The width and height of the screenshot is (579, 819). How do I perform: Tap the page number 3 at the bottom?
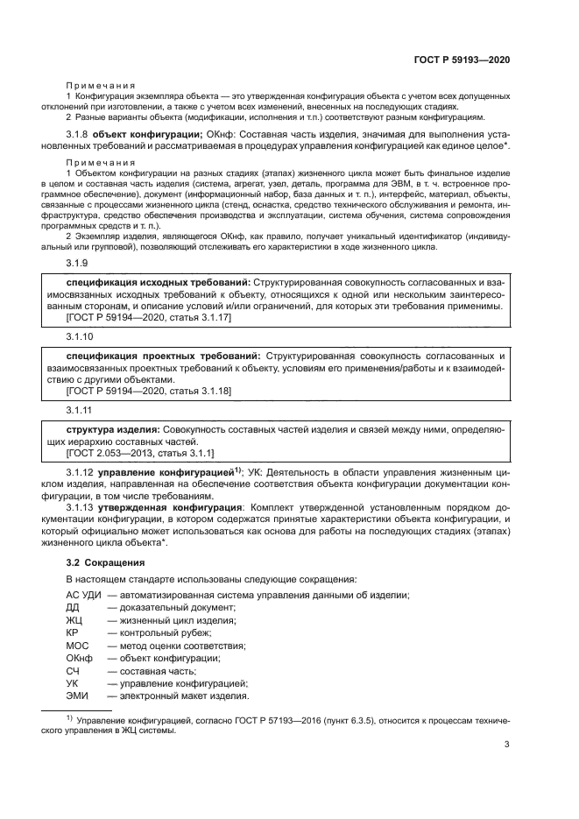[507, 745]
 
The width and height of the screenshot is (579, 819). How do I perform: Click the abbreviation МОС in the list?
[78, 646]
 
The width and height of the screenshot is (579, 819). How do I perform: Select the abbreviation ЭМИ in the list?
[77, 696]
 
